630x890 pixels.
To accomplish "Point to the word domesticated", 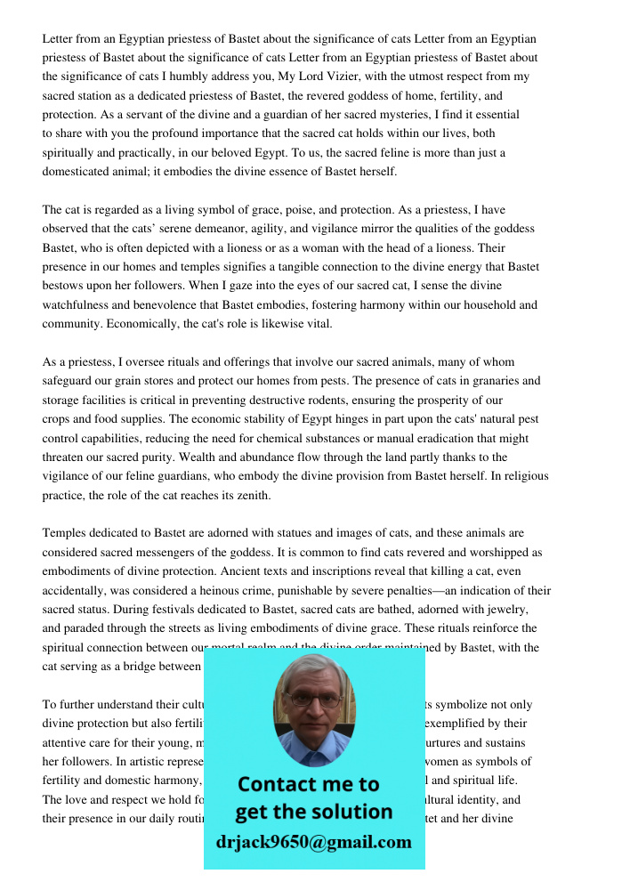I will click(77, 172).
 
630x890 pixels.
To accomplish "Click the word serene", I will click(168, 229).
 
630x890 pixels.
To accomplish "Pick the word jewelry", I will click(504, 610).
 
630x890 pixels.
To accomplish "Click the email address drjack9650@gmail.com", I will click(313, 842).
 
